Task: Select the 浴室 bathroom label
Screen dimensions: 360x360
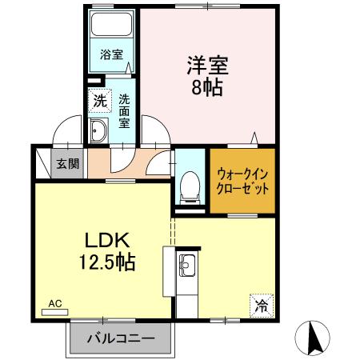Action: (x=111, y=54)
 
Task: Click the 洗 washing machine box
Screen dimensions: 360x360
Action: (x=98, y=102)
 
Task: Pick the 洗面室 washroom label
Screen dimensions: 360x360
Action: (x=124, y=111)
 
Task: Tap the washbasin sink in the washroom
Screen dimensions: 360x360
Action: (x=99, y=134)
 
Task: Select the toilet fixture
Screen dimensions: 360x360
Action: (x=190, y=186)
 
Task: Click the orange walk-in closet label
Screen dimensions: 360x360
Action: (x=242, y=181)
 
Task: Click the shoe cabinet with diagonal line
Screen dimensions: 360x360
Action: (x=42, y=164)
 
